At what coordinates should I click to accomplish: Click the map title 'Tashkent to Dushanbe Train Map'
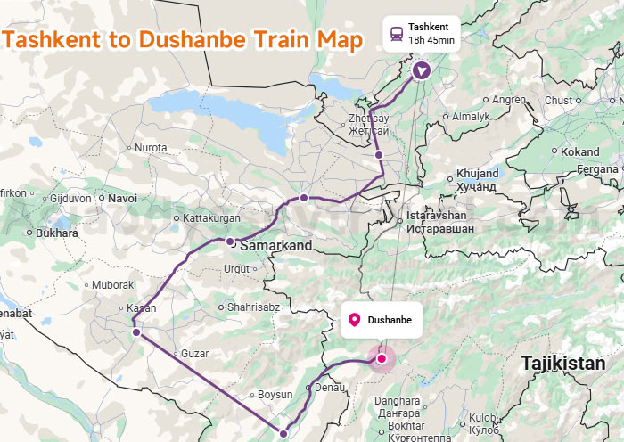[183, 40]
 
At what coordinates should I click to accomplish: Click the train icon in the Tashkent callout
[395, 34]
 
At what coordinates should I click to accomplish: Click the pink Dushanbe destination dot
[382, 358]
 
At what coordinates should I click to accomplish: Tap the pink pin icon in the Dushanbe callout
[354, 320]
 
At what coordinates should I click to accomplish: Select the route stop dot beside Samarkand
[230, 241]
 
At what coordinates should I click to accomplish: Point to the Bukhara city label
[58, 233]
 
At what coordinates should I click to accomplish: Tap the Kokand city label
[580, 152]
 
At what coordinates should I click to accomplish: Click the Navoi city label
[122, 198]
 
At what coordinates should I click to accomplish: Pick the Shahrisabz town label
[254, 307]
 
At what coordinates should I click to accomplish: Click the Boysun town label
[274, 395]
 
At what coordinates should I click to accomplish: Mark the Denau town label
[330, 388]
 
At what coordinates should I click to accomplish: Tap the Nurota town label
[151, 147]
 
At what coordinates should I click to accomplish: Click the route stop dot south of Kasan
[136, 331]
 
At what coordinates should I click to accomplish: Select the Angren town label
[509, 100]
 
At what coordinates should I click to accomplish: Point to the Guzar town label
[194, 354]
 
